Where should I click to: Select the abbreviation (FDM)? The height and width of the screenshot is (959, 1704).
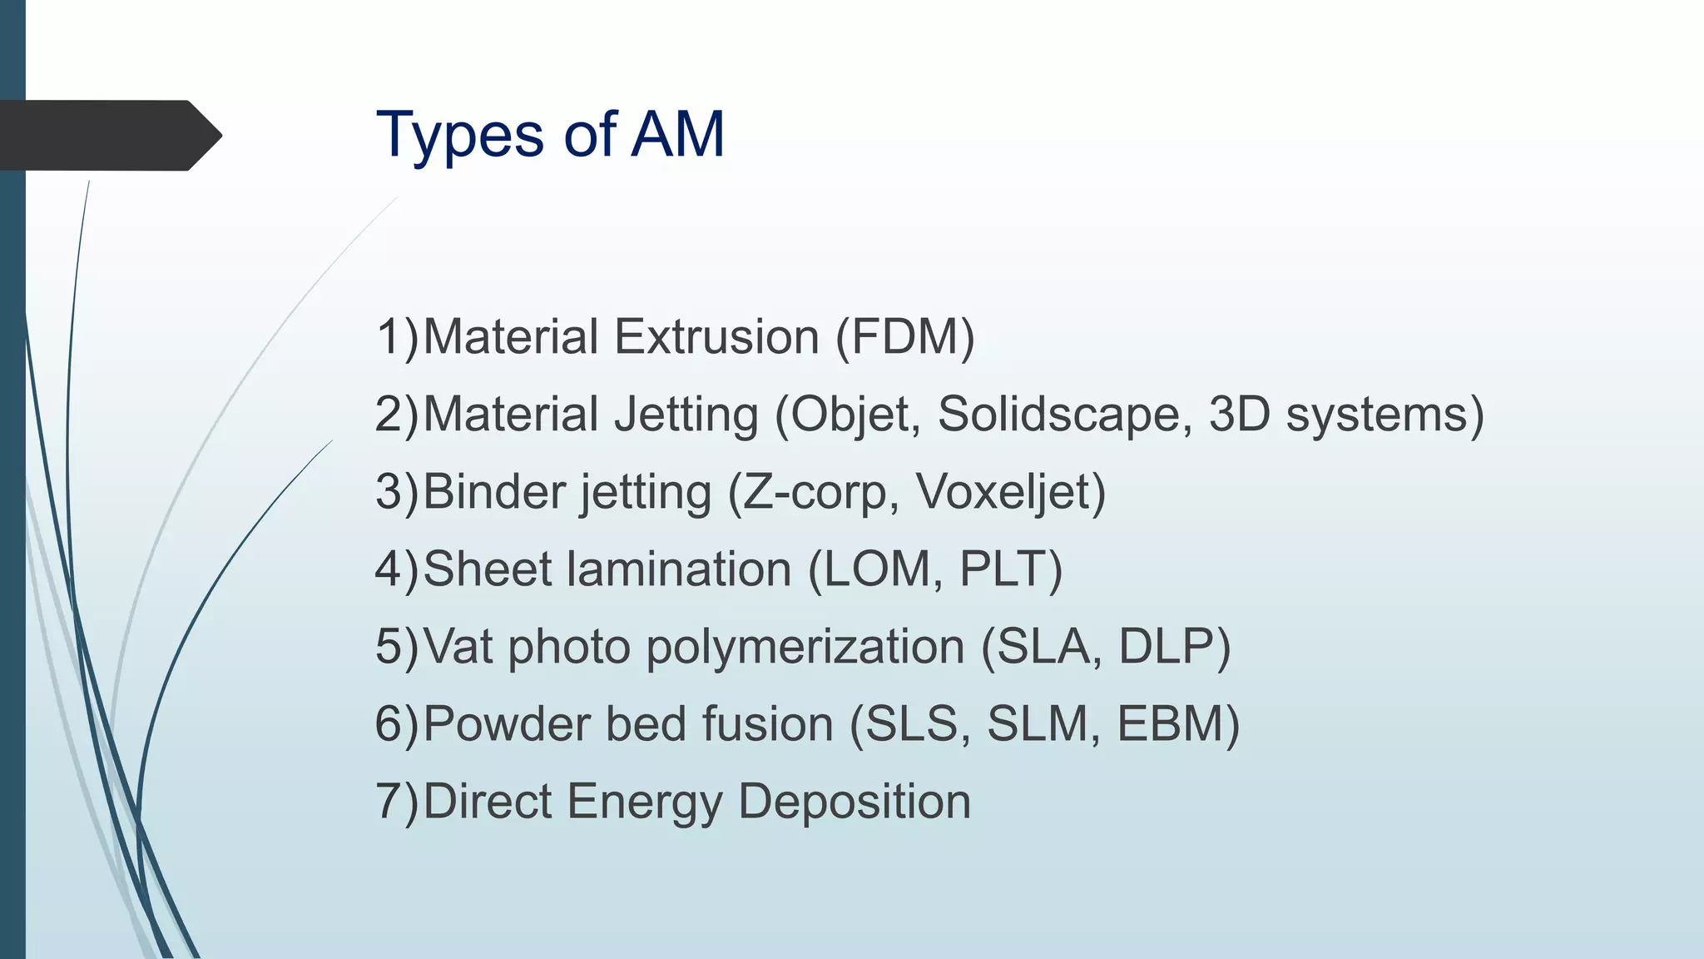tap(905, 337)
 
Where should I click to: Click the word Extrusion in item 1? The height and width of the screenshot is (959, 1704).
tap(717, 337)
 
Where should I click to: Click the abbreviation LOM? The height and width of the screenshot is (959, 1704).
tap(874, 569)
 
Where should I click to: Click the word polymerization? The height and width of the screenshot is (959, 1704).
tap(805, 647)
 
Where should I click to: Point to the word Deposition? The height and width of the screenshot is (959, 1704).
tap(854, 802)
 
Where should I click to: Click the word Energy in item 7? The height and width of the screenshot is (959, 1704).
tap(646, 802)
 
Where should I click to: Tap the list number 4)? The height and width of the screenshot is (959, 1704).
tap(398, 569)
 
